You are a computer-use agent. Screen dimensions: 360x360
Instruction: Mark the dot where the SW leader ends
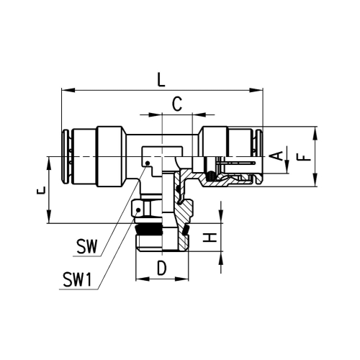pyautogui.click(x=146, y=164)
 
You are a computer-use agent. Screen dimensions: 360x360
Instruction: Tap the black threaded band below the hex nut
pyautogui.click(x=148, y=233)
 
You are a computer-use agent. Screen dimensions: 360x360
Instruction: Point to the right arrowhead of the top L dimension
pyautogui.click(x=256, y=90)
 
